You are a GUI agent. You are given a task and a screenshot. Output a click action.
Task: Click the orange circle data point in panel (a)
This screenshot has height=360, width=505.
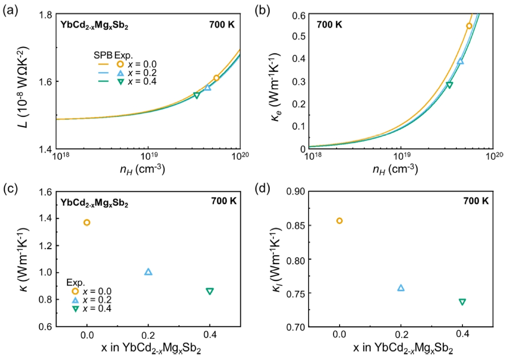tap(216, 78)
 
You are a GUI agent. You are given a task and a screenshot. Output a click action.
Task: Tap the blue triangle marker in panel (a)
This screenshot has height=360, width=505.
tap(207, 87)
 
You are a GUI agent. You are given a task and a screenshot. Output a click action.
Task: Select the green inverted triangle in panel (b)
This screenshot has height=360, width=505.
tap(449, 85)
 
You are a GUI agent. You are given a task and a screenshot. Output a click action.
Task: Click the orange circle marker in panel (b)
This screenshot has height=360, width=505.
tap(469, 26)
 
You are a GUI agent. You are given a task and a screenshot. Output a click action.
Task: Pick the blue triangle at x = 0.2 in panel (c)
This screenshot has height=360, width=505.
tap(148, 272)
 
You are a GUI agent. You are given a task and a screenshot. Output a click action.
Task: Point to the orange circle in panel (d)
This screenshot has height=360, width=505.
tap(339, 221)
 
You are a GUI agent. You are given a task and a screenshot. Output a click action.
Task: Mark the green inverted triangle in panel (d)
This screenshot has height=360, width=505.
tap(462, 302)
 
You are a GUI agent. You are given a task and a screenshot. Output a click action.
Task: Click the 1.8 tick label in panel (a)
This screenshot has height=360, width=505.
tap(46, 15)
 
